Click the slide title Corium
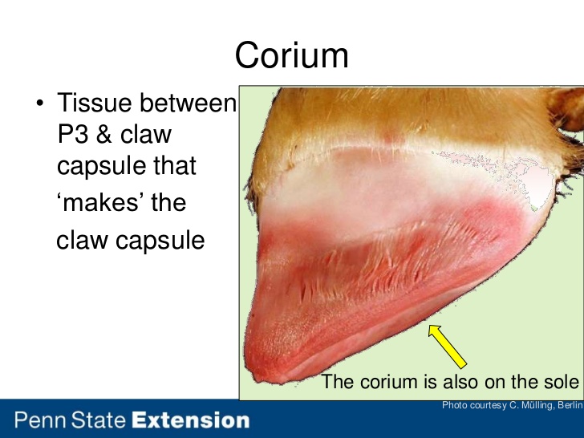[292, 55]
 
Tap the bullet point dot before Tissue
[40, 103]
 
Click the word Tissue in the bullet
[94, 103]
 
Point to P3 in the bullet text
[73, 134]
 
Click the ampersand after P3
[104, 134]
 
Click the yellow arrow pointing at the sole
[448, 347]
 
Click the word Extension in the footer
[191, 420]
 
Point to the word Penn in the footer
[41, 420]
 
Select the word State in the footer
[99, 420]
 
